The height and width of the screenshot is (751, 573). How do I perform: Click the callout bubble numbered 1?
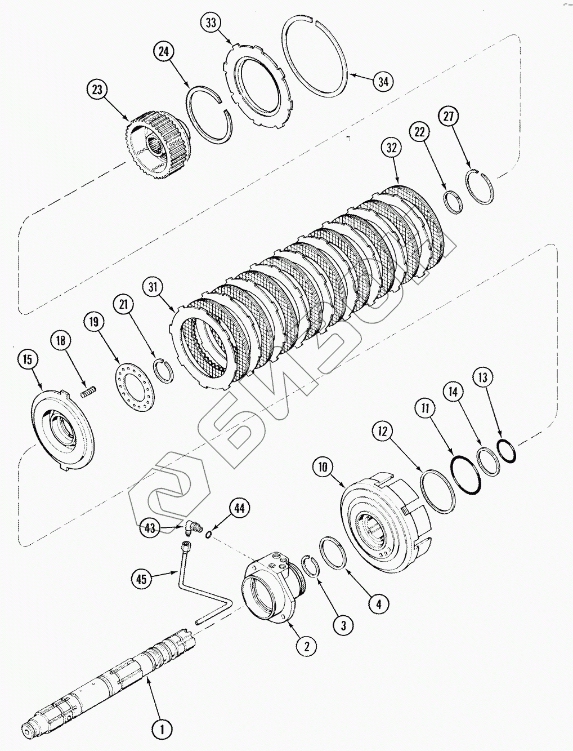click(162, 730)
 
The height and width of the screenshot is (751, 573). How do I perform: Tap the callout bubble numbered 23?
click(98, 90)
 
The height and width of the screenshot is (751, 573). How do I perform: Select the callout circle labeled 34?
click(383, 81)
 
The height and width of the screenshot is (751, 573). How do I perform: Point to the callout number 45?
click(142, 578)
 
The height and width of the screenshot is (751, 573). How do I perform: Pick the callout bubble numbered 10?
click(323, 467)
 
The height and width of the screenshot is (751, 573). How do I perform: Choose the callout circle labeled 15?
click(28, 360)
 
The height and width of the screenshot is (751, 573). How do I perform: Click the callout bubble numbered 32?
click(392, 148)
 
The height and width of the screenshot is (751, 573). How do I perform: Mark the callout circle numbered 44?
click(239, 508)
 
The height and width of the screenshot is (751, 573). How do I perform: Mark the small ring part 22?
click(452, 202)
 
